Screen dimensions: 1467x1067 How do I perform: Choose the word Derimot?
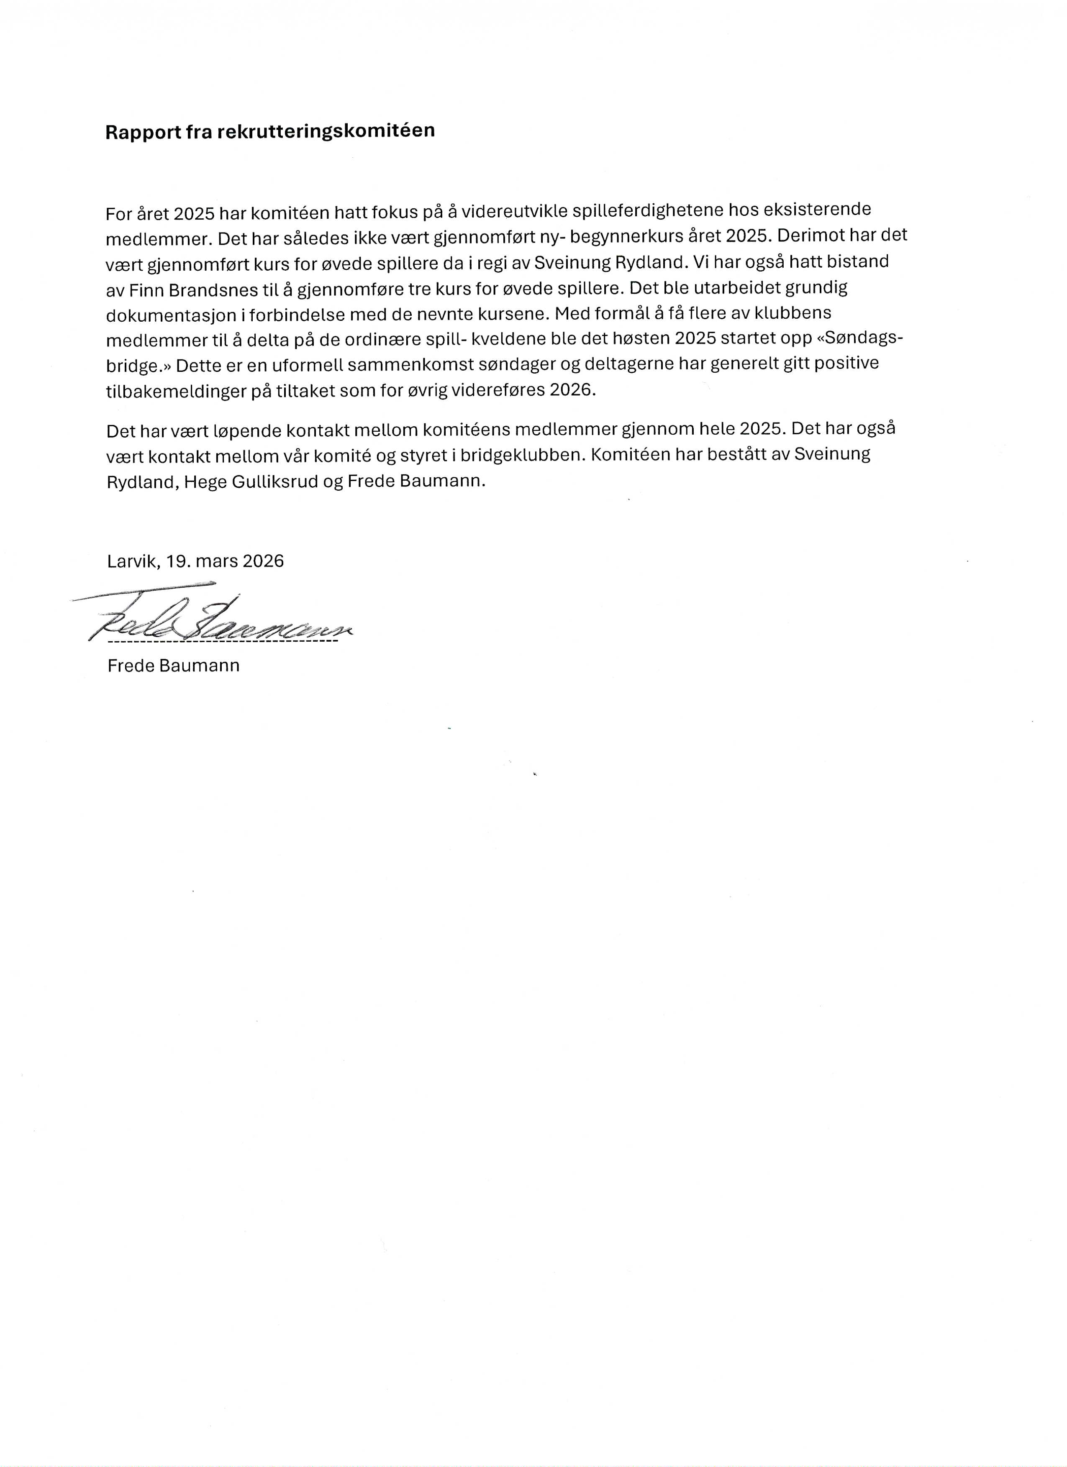[x=818, y=236]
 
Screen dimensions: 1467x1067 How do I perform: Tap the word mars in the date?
[x=218, y=561]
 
